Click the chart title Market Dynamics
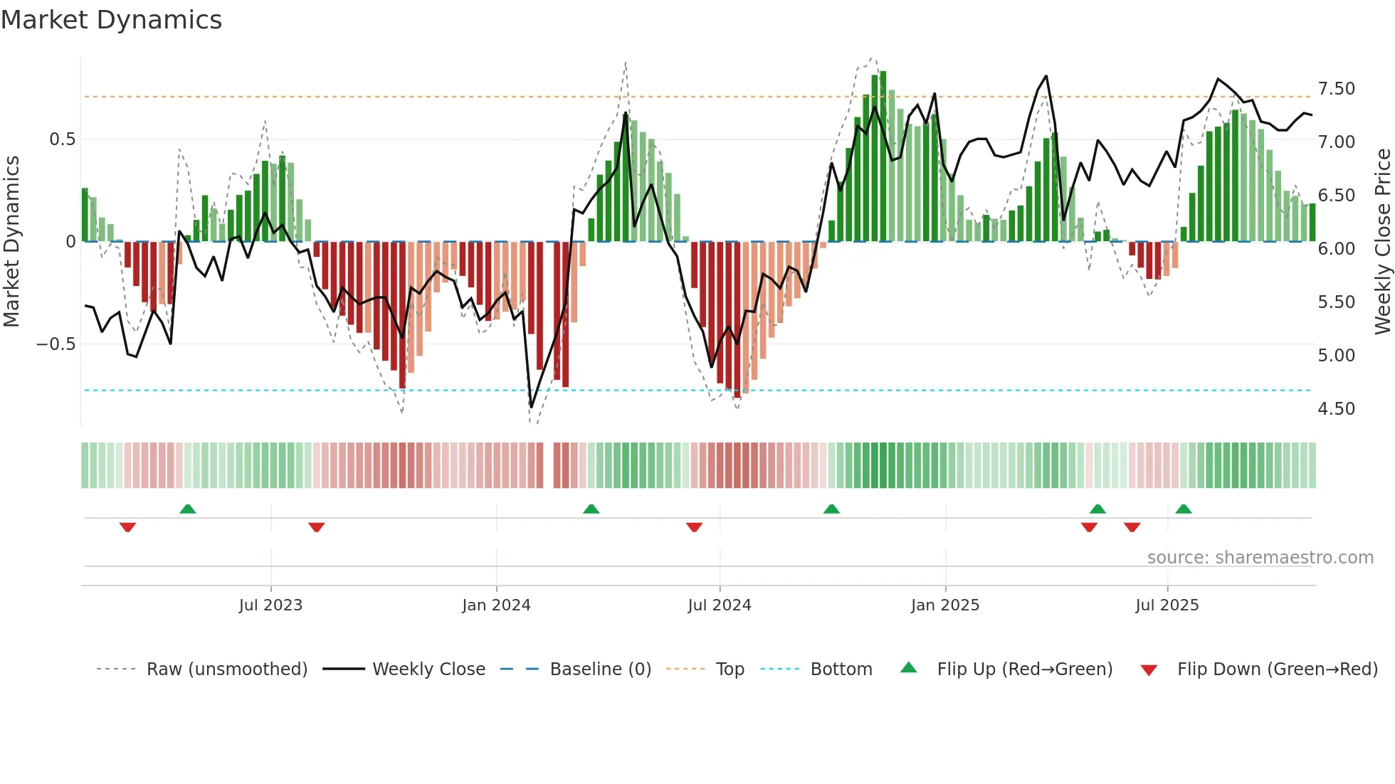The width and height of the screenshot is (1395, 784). click(x=112, y=20)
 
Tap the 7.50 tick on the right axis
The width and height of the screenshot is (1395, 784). click(x=1336, y=89)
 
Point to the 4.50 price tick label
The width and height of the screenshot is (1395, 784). click(x=1336, y=409)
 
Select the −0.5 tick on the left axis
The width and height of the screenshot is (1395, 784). click(x=56, y=344)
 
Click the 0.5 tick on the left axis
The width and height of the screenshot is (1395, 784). click(x=62, y=139)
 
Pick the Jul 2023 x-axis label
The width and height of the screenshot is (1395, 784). click(x=270, y=605)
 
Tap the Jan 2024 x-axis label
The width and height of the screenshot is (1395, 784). click(x=496, y=605)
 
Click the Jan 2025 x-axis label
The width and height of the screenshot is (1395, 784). click(x=944, y=605)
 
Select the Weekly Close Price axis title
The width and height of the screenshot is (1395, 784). click(x=1382, y=242)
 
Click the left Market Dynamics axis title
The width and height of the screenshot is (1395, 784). click(x=12, y=242)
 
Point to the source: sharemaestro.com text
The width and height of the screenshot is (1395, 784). click(x=1260, y=558)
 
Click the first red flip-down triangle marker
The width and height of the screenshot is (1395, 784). click(x=127, y=527)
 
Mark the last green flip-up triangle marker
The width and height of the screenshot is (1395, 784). click(x=1183, y=509)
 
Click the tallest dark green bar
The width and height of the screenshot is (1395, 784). click(x=883, y=157)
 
